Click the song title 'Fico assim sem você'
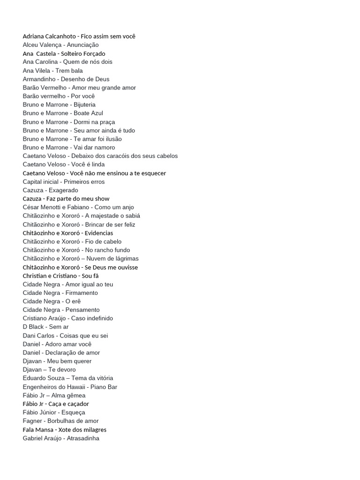(x=108, y=36)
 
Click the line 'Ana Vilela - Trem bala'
(x=52, y=70)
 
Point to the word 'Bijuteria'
(x=84, y=105)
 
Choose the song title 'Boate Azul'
(x=88, y=113)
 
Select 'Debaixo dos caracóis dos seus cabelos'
(x=125, y=156)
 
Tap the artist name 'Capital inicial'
(x=40, y=181)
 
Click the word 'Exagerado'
(x=63, y=190)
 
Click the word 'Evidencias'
(x=99, y=233)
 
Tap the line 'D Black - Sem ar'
(x=45, y=327)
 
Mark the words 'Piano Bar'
(x=104, y=387)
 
